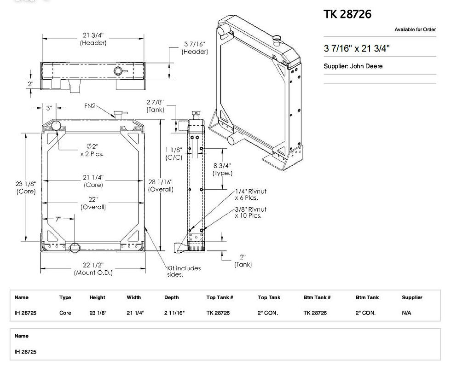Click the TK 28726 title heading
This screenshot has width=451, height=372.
coord(347,14)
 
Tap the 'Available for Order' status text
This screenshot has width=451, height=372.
coord(415,30)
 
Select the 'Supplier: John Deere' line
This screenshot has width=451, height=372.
coord(353,66)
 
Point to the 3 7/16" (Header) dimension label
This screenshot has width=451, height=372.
coord(195,48)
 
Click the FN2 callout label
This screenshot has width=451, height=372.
coord(90,105)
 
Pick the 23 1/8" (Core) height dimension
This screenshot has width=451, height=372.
coord(26,187)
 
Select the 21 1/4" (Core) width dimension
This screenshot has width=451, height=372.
coord(93,181)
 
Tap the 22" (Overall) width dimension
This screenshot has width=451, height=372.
coord(93,203)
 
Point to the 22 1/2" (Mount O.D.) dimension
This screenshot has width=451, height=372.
coord(93,269)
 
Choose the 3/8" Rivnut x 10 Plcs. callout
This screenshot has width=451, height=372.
coord(250,212)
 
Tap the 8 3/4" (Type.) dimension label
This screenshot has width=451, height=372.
coord(222,169)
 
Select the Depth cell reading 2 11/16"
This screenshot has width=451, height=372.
coord(174,313)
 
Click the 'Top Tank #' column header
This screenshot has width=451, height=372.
coord(220,297)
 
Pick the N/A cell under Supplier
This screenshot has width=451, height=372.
coord(406,313)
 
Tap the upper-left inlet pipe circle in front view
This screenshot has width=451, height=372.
coord(56,125)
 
